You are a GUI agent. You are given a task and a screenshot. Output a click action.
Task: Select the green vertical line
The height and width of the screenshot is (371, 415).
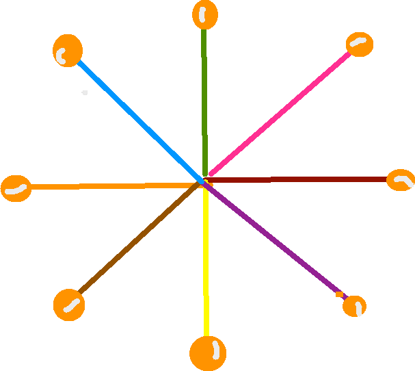pyautogui.click(x=204, y=96)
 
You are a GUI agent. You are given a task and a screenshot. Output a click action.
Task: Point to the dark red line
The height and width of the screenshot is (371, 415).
pyautogui.click(x=301, y=179)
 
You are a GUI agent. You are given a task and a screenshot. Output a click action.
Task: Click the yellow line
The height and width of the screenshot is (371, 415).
pyautogui.click(x=206, y=260)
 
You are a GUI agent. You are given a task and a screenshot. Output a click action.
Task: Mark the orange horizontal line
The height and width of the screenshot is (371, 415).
pyautogui.click(x=109, y=186)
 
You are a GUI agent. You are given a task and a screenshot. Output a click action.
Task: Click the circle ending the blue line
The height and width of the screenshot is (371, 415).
pyautogui.click(x=67, y=51)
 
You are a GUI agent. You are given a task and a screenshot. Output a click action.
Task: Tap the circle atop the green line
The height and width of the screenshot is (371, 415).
pyautogui.click(x=204, y=14)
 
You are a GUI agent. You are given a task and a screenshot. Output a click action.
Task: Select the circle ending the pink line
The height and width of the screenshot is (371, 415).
pyautogui.click(x=359, y=44)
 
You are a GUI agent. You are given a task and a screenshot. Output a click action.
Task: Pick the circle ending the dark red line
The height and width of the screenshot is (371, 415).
pyautogui.click(x=401, y=180)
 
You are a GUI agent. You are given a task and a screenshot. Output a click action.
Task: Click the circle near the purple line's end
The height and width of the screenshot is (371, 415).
pyautogui.click(x=354, y=305)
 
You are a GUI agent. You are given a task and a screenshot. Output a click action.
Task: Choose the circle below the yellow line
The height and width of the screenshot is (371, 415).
pyautogui.click(x=207, y=353)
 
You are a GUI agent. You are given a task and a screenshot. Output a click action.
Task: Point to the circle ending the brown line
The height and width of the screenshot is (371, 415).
pyautogui.click(x=69, y=305)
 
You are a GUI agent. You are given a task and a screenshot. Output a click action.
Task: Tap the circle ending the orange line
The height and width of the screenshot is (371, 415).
pyautogui.click(x=16, y=188)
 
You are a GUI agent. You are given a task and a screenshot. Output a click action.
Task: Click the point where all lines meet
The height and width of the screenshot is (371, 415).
pyautogui.click(x=205, y=181)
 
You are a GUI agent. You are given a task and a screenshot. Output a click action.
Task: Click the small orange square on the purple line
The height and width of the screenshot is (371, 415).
pyautogui.click(x=339, y=294)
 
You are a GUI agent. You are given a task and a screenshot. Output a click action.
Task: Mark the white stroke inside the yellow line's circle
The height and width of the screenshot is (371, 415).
pyautogui.click(x=215, y=350)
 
